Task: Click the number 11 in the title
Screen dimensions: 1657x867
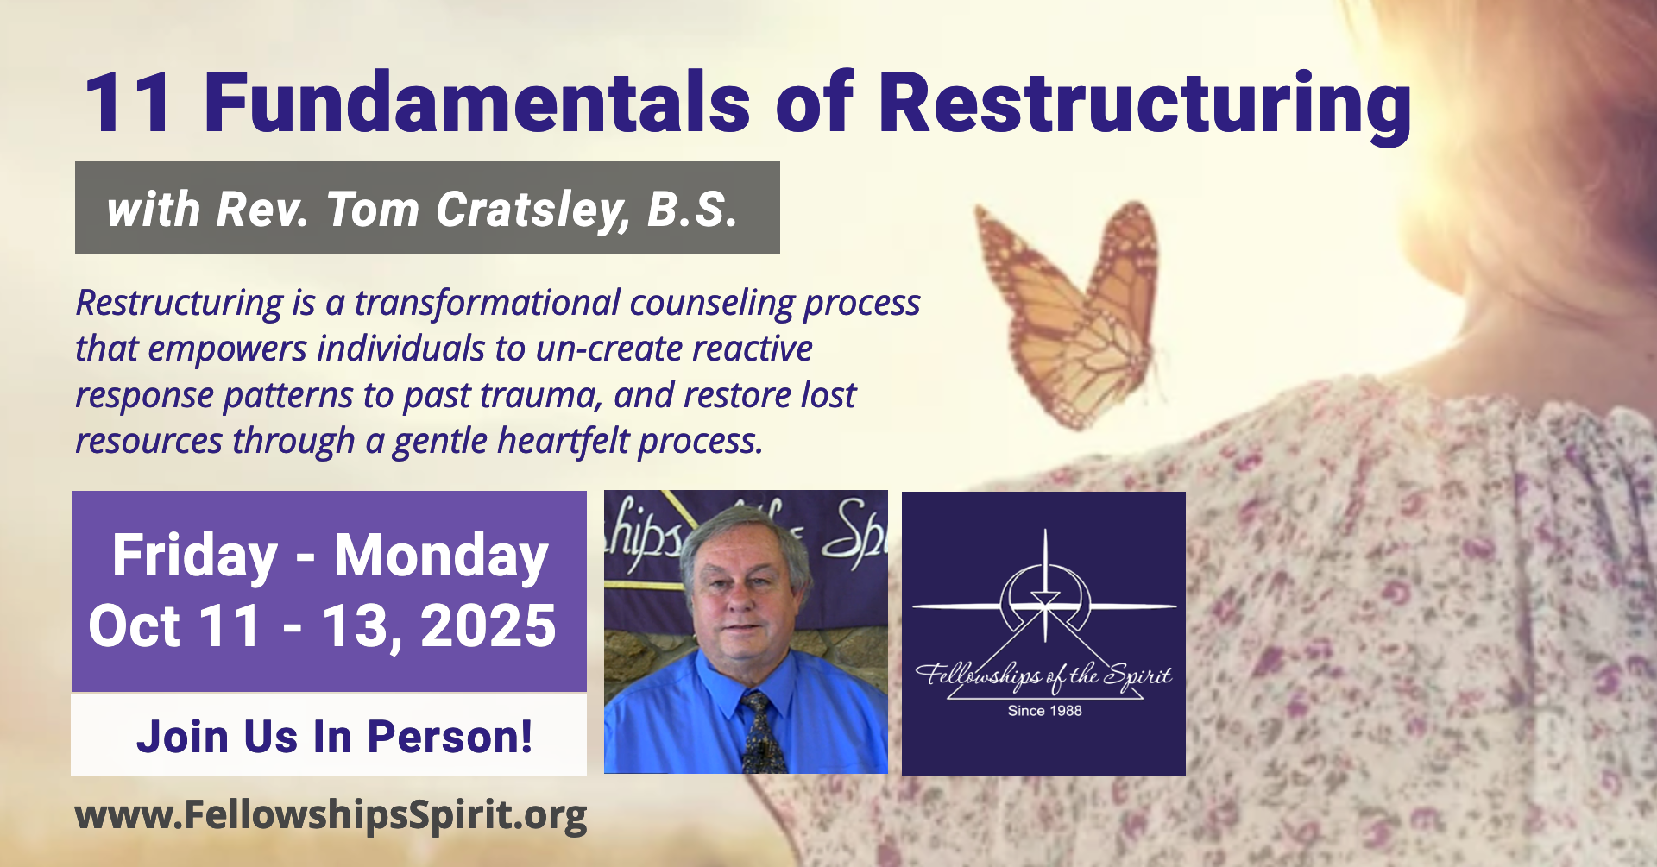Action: click(128, 104)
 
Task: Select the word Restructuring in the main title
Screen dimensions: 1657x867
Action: click(1145, 106)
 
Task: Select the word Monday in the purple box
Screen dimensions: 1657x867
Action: click(441, 556)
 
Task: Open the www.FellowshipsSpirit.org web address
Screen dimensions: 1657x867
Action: click(331, 815)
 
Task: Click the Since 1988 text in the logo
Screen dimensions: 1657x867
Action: click(1044, 711)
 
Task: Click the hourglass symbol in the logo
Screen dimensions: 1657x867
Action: click(1045, 599)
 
